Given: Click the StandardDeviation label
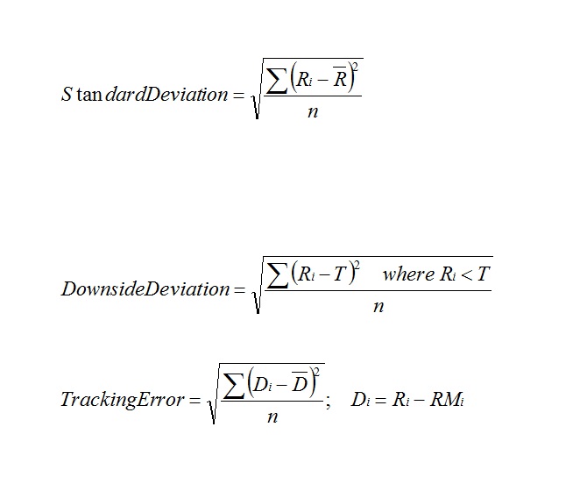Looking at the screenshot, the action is [145, 95].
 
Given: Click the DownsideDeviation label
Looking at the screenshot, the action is [145, 289].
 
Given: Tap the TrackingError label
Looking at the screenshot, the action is [123, 400].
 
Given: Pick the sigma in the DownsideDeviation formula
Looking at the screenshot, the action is [279, 274].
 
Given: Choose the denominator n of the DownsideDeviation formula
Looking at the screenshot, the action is [378, 307].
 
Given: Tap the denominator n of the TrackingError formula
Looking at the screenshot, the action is [272, 417].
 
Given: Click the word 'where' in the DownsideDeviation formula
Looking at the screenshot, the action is [408, 274].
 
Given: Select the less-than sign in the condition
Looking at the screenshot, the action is [463, 275].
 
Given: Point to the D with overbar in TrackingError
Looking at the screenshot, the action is [299, 384].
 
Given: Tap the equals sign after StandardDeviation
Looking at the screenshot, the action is [237, 96].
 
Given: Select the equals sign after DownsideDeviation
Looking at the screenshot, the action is [238, 290].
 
